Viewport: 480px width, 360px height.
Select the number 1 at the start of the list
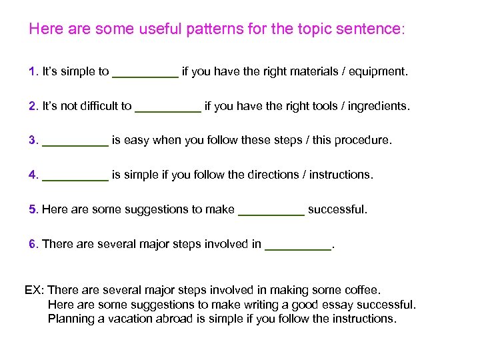point(32,71)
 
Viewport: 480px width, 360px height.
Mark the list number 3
point(32,141)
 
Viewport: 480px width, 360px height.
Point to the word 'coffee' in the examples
point(362,291)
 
